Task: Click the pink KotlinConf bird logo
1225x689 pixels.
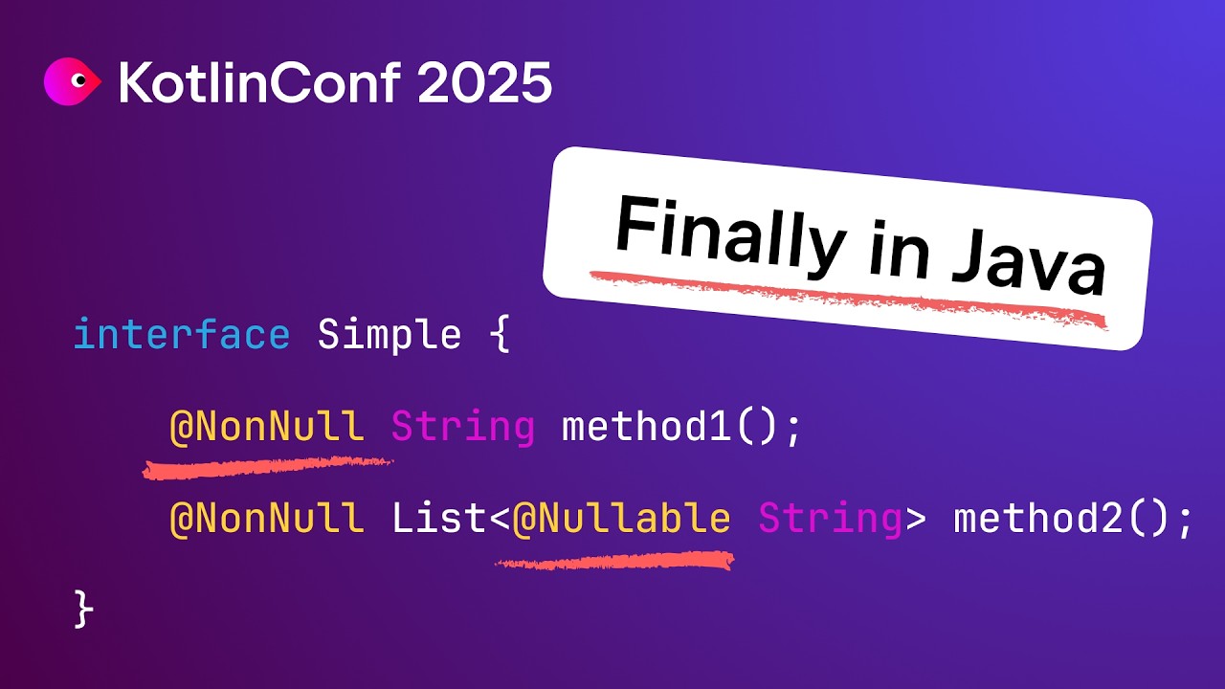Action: click(x=72, y=83)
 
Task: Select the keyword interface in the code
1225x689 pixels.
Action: click(x=181, y=335)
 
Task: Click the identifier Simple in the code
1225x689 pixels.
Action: click(x=389, y=335)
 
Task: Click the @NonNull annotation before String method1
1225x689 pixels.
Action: click(x=266, y=427)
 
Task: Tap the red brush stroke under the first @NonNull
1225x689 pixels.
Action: click(x=267, y=467)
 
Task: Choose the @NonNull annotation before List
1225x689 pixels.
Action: click(x=266, y=519)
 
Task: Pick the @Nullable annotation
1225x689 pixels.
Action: click(x=621, y=519)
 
